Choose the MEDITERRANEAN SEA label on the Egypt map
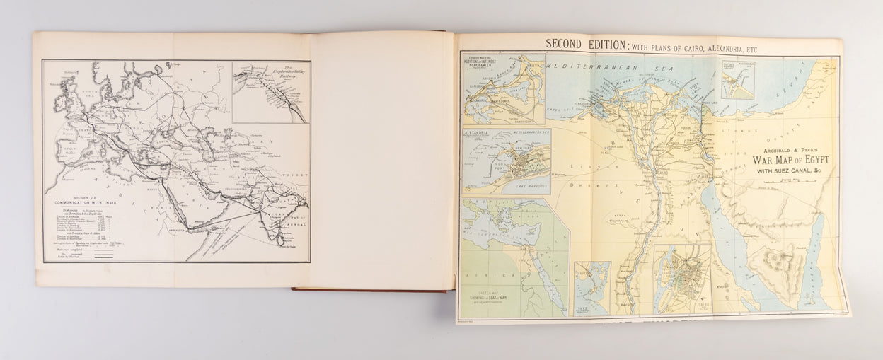608,71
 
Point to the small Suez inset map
591,287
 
